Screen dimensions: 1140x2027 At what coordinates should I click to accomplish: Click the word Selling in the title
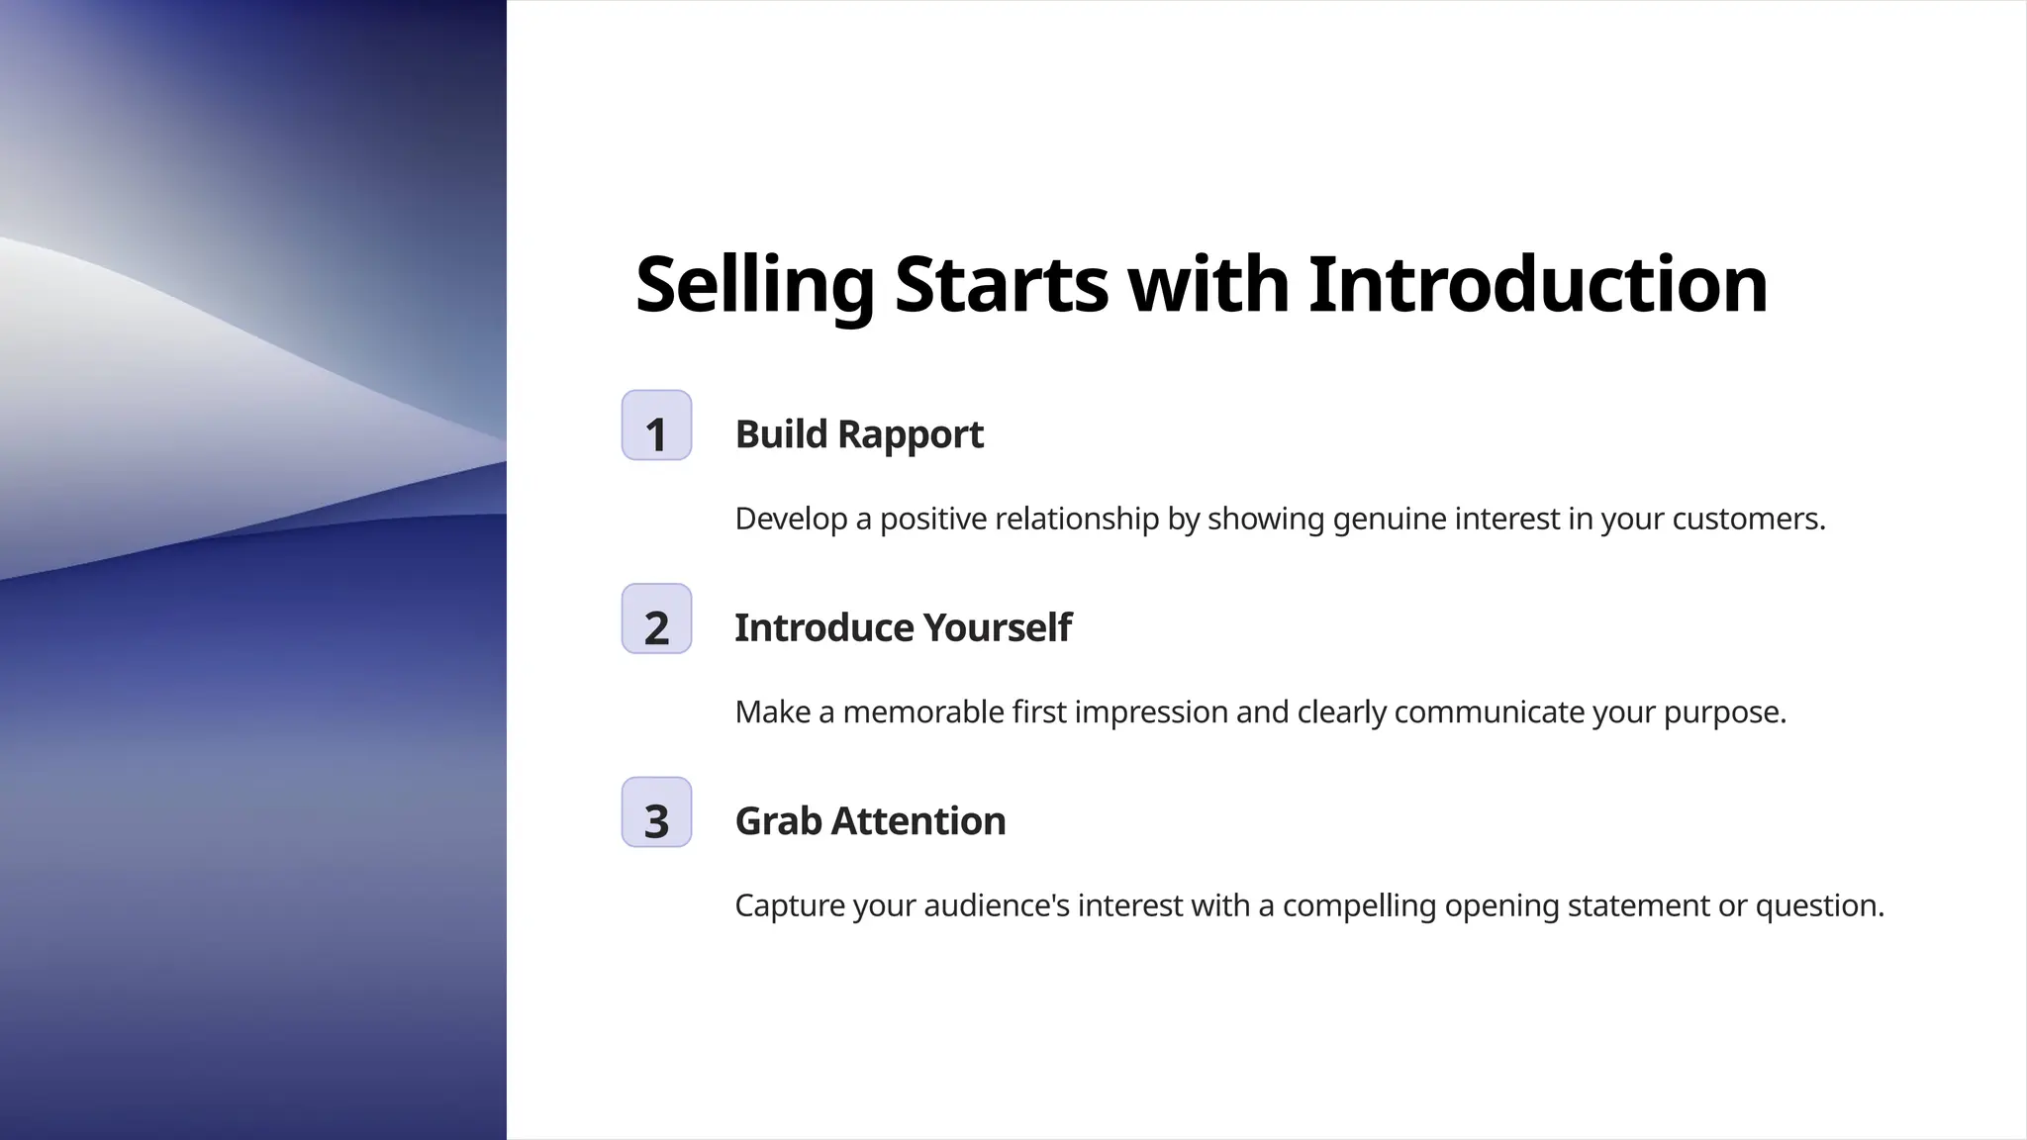pos(754,285)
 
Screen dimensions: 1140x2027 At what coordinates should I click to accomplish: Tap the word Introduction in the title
pos(1537,285)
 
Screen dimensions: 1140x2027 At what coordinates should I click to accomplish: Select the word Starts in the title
pos(1001,285)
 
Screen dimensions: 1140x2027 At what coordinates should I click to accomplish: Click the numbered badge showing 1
pos(656,426)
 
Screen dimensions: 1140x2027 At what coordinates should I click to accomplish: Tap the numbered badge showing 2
pos(656,619)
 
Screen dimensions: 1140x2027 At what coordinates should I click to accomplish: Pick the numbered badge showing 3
pos(656,812)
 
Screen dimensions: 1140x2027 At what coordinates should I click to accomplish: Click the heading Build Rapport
pos(859,434)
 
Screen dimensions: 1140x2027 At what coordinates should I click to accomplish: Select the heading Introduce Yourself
pos(903,627)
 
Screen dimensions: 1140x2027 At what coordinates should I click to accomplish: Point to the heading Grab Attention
pos(870,821)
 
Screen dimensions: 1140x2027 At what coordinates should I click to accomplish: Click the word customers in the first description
pos(1747,519)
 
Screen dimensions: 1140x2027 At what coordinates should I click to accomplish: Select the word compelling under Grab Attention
pos(1358,905)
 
